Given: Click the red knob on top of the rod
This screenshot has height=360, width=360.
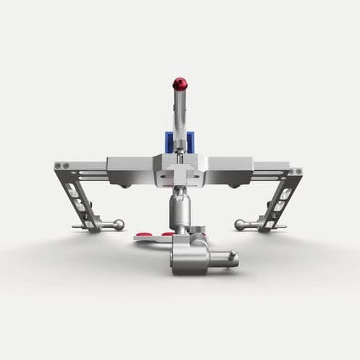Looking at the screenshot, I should tap(180, 84).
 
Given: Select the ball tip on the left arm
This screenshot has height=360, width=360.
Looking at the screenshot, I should tap(118, 225).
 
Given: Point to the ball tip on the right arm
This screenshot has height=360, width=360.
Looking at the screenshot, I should tap(240, 225).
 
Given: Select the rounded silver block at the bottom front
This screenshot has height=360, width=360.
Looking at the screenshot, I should tap(191, 258).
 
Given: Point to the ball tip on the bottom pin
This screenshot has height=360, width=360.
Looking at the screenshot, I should tap(233, 256).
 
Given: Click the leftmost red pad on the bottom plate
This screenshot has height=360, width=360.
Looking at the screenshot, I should tap(144, 235).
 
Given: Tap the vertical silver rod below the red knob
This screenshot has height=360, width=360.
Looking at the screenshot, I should tap(179, 116).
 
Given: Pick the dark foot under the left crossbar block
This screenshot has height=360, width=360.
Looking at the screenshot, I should tap(126, 186).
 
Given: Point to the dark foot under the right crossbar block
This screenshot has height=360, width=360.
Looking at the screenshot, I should tap(234, 186).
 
